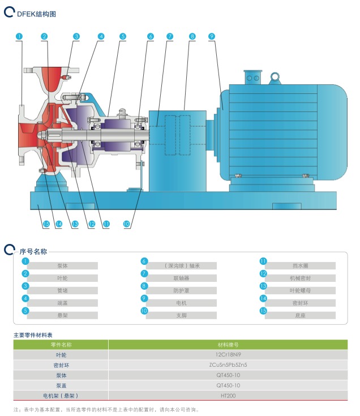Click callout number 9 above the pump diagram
[x=212, y=36]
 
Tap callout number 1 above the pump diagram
[x=19, y=36]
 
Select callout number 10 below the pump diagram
[x=127, y=224]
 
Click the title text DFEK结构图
[x=36, y=14]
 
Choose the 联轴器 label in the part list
[x=181, y=278]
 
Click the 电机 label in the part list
[x=181, y=303]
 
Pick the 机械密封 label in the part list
[x=300, y=278]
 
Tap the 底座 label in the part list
[x=300, y=315]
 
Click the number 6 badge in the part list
[x=144, y=261]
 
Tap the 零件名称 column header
[x=61, y=344]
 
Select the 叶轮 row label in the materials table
[x=61, y=355]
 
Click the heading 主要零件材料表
[x=33, y=334]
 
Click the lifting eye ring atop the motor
[x=276, y=76]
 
